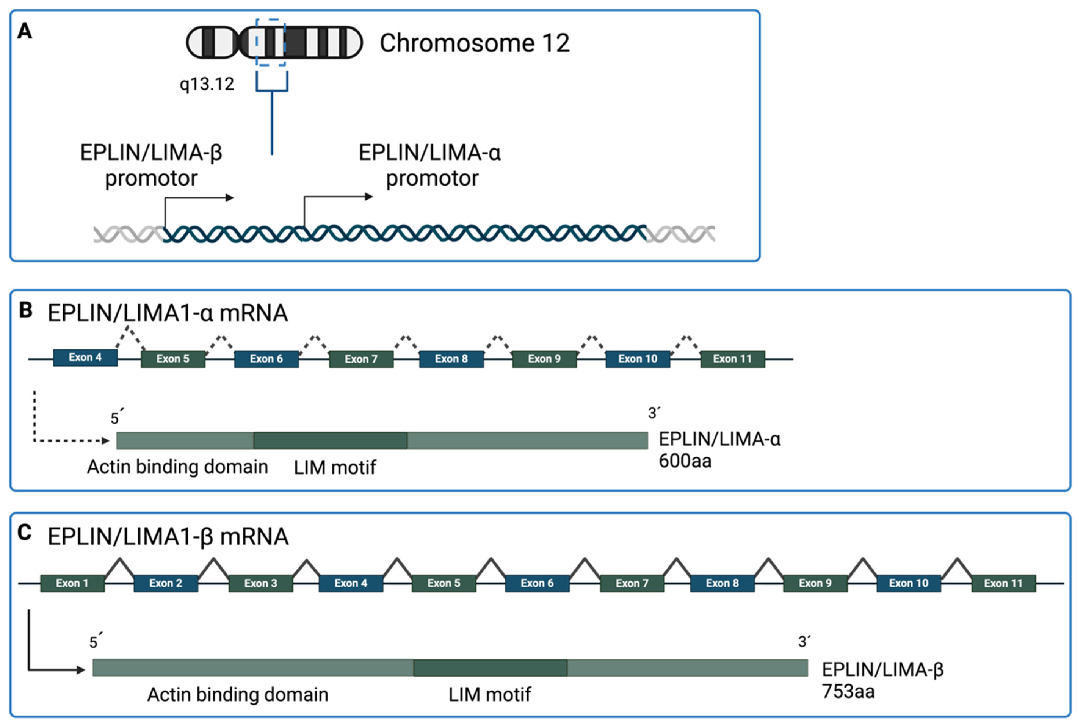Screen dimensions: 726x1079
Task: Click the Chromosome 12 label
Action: pyautogui.click(x=474, y=43)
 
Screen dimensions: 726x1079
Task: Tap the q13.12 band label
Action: pyautogui.click(x=207, y=84)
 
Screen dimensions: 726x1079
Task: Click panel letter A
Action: pyautogui.click(x=24, y=31)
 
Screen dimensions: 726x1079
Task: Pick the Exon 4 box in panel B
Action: pyautogui.click(x=85, y=357)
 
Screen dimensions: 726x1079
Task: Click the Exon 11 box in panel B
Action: pyautogui.click(x=732, y=359)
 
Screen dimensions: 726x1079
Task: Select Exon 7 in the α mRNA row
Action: pyautogui.click(x=361, y=359)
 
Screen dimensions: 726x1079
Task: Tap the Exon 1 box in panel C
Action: pyautogui.click(x=72, y=583)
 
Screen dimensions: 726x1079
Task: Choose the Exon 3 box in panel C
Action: pyautogui.click(x=261, y=583)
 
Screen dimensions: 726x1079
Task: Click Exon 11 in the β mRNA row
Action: pyautogui.click(x=1003, y=583)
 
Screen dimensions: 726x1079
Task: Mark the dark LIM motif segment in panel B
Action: pyautogui.click(x=330, y=440)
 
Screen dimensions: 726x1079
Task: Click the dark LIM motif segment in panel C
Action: pyautogui.click(x=490, y=668)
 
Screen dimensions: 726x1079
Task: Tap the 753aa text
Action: pyautogui.click(x=848, y=691)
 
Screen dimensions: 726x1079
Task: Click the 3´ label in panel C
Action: pyautogui.click(x=804, y=641)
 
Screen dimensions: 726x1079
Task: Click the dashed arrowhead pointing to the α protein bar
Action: pyautogui.click(x=106, y=441)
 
